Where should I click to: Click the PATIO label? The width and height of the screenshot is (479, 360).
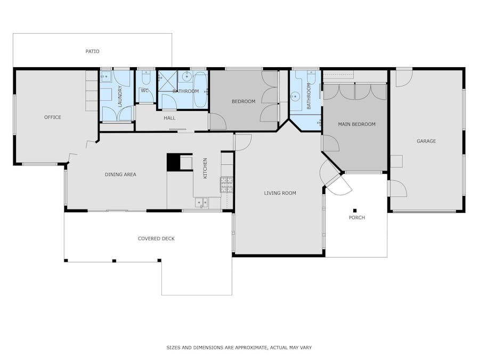click(92, 51)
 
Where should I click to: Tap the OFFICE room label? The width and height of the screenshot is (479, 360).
click(53, 117)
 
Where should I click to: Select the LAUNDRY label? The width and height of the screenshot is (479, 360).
click(120, 97)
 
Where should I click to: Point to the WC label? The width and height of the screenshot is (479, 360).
click(145, 91)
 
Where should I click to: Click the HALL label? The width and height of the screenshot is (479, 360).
click(169, 118)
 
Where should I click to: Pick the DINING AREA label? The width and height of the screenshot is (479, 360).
click(120, 174)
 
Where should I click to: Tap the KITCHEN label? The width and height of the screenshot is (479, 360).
click(205, 168)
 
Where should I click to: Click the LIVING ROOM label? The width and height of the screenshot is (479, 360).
click(280, 193)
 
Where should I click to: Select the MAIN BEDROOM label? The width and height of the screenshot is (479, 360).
click(356, 124)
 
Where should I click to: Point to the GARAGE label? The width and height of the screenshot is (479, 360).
click(426, 141)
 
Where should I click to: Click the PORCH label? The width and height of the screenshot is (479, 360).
click(357, 218)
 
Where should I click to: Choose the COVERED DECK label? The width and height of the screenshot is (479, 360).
click(156, 238)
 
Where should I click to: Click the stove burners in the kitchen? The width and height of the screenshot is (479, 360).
click(226, 185)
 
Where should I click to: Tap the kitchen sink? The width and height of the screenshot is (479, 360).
click(201, 203)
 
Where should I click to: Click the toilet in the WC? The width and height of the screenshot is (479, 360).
click(145, 78)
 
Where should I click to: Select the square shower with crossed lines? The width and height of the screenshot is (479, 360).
click(167, 81)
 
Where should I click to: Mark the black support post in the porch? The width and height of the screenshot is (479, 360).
click(355, 211)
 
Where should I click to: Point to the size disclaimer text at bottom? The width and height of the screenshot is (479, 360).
click(239, 347)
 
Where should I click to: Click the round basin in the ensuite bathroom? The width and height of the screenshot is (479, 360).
click(295, 97)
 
